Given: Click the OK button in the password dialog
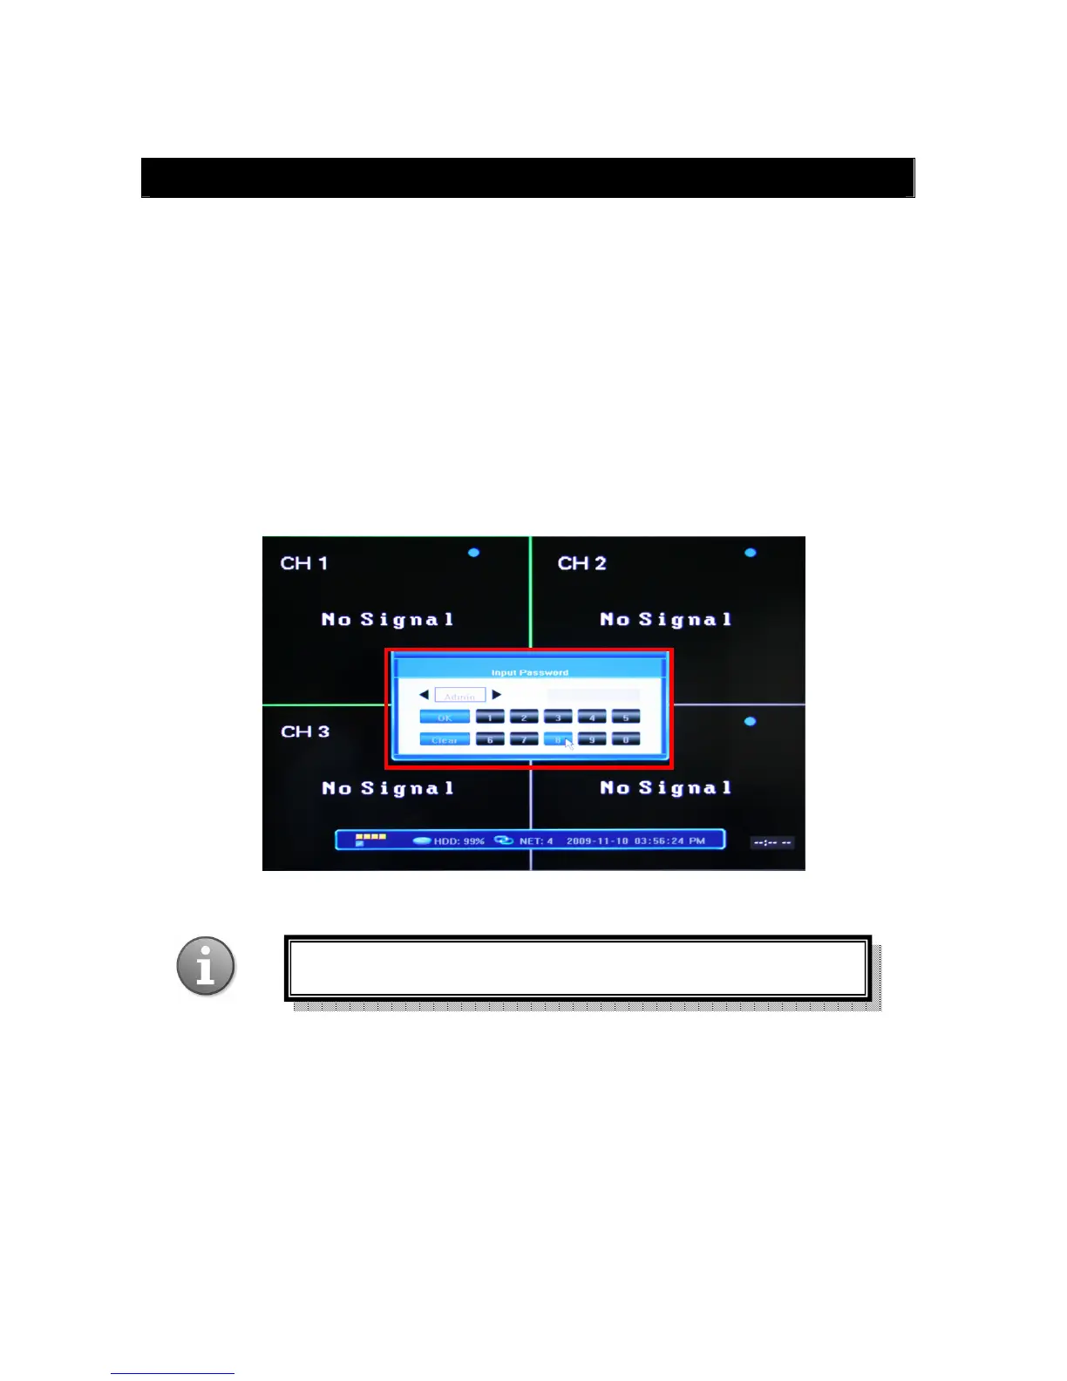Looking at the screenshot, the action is (x=445, y=717).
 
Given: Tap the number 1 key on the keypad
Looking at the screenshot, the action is (x=490, y=717).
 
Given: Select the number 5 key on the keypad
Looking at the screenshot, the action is (x=625, y=717).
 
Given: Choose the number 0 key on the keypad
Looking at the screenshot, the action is (x=625, y=739).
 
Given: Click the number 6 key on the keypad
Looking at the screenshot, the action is (x=490, y=739).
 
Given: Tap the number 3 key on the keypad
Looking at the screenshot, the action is (x=558, y=717).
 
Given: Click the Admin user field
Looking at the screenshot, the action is (x=459, y=696).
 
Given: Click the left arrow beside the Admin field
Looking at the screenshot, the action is (x=424, y=695).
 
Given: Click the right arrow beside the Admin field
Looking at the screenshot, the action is (x=497, y=695).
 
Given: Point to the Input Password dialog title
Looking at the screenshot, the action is (x=529, y=672).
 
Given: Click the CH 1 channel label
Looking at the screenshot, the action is (x=304, y=563).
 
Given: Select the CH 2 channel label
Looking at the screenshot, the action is (x=581, y=563).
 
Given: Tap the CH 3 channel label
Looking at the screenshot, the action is (x=305, y=731).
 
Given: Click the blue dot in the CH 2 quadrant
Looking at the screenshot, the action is (x=751, y=553).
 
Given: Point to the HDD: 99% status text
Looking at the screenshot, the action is (x=459, y=841).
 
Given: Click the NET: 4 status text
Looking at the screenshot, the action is (x=536, y=841).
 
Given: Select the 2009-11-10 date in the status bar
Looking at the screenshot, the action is (x=597, y=841).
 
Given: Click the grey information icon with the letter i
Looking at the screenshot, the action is (x=206, y=966).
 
